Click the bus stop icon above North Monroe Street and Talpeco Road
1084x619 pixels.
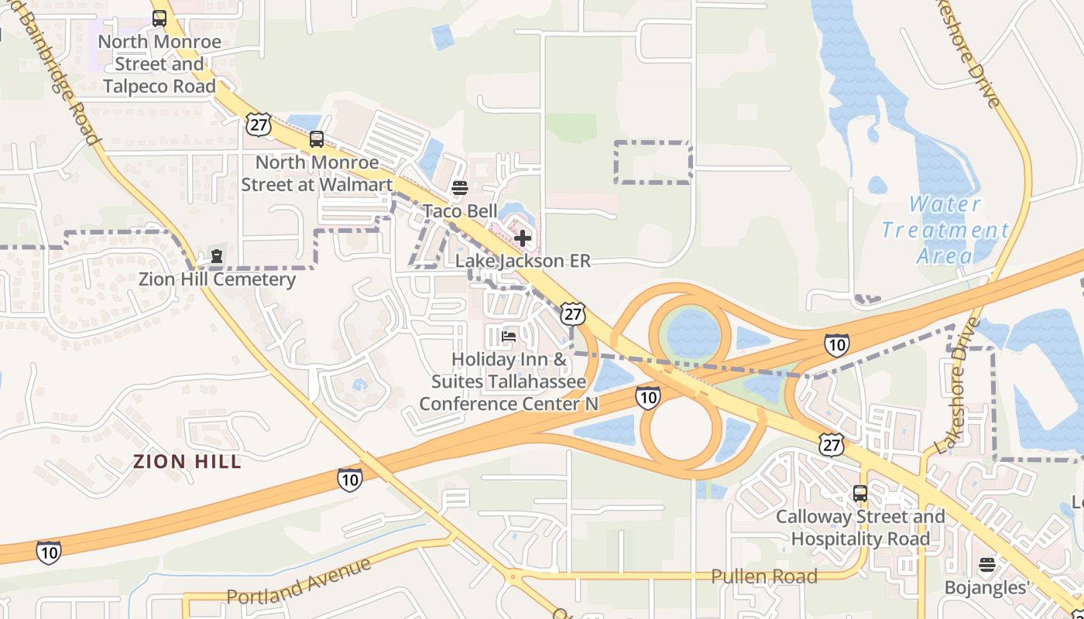point(160,19)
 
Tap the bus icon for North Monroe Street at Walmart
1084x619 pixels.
point(317,139)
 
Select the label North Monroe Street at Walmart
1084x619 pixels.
point(317,173)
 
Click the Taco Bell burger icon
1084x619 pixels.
point(460,188)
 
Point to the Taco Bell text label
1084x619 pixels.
point(460,211)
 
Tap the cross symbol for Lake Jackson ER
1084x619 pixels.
point(523,238)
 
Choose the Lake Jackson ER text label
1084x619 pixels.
point(523,261)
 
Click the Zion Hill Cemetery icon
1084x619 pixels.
point(217,256)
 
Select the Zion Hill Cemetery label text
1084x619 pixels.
point(217,279)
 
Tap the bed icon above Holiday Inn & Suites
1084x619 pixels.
point(509,337)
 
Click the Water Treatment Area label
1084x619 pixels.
point(945,230)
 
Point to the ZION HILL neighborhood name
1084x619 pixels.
point(187,462)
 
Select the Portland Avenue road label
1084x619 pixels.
point(298,582)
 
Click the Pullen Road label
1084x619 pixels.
point(764,576)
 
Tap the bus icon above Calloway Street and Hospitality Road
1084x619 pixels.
point(860,493)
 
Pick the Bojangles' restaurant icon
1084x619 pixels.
point(986,565)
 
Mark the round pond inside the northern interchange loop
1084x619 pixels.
point(691,333)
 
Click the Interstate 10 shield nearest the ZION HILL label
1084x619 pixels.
point(350,480)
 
